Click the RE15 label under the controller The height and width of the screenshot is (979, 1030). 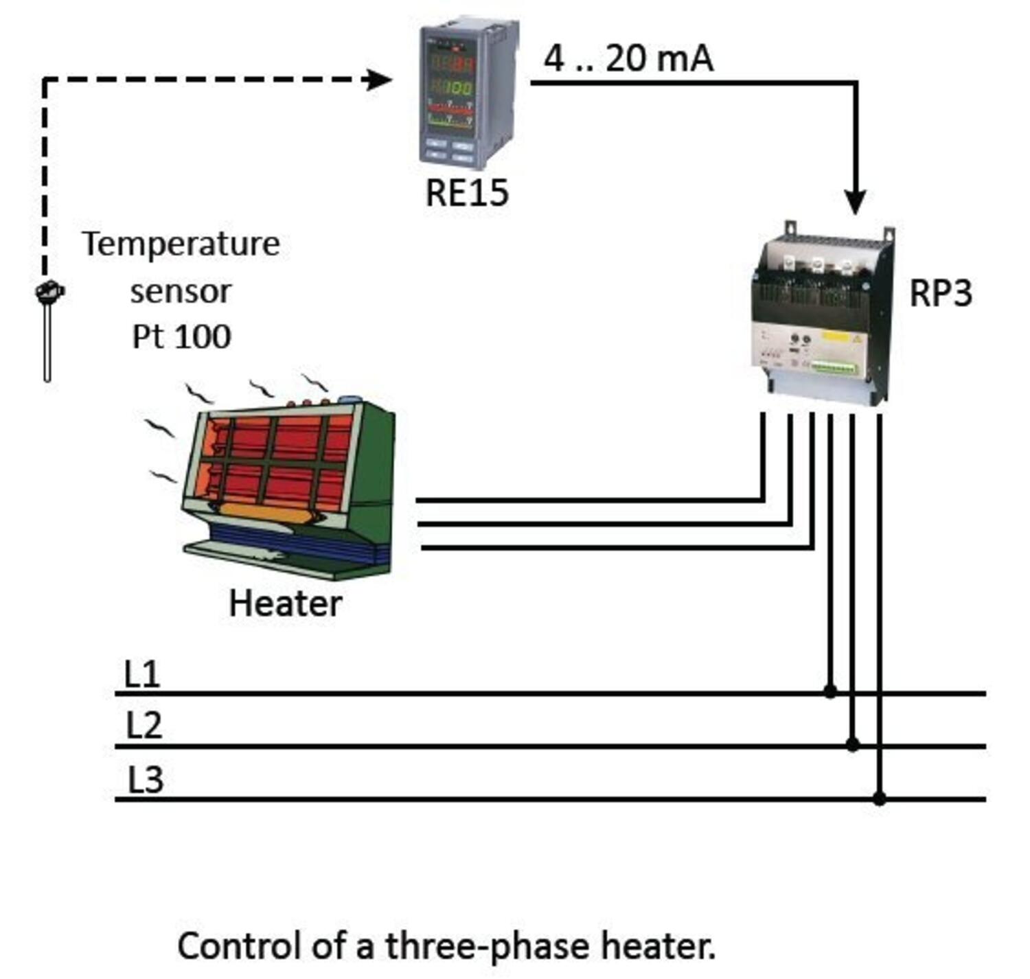point(467,193)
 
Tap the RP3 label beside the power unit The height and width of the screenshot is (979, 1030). point(940,293)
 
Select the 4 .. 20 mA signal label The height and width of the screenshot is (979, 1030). point(628,58)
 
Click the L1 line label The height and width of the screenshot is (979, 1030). point(142,674)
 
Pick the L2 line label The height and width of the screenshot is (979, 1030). point(144,726)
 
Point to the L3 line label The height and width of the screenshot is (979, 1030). point(146,780)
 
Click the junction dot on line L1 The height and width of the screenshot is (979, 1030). point(830,691)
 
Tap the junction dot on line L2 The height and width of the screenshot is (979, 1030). point(853,745)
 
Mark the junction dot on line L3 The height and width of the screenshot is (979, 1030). point(880,798)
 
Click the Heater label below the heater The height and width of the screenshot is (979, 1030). point(285,604)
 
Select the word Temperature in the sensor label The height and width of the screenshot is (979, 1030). point(181,244)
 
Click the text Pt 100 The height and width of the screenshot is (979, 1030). point(181,336)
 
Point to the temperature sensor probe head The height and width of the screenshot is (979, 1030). point(49,291)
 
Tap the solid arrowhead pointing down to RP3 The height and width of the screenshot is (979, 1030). point(856,202)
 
